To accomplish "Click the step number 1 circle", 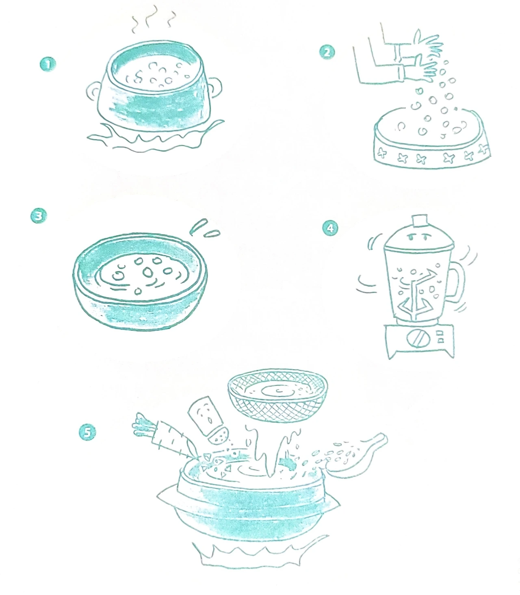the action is point(48,64).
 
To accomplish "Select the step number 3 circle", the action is point(38,216).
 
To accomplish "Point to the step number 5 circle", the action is point(87,432).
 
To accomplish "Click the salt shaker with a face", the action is point(209,421).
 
